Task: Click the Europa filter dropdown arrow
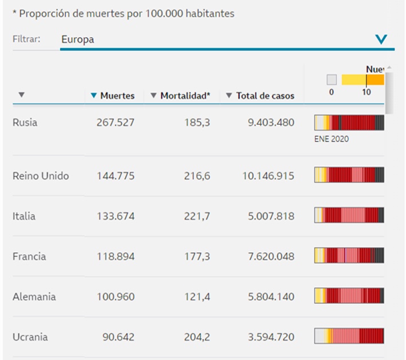pyautogui.click(x=381, y=39)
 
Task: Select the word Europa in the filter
pyautogui.click(x=78, y=39)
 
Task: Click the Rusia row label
pyautogui.click(x=25, y=122)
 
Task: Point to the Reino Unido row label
pyautogui.click(x=41, y=176)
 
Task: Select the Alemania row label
pyautogui.click(x=34, y=296)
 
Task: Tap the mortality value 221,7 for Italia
pyautogui.click(x=197, y=216)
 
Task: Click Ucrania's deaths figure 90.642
pyautogui.click(x=118, y=337)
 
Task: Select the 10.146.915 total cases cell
pyautogui.click(x=268, y=176)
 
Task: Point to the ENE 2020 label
pyautogui.click(x=331, y=139)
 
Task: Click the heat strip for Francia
pyautogui.click(x=349, y=255)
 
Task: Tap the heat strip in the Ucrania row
pyautogui.click(x=349, y=335)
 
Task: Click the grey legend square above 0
pyautogui.click(x=332, y=80)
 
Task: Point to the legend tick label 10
pyautogui.click(x=366, y=92)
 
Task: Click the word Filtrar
pyautogui.click(x=26, y=39)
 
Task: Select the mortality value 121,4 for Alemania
pyautogui.click(x=197, y=296)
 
